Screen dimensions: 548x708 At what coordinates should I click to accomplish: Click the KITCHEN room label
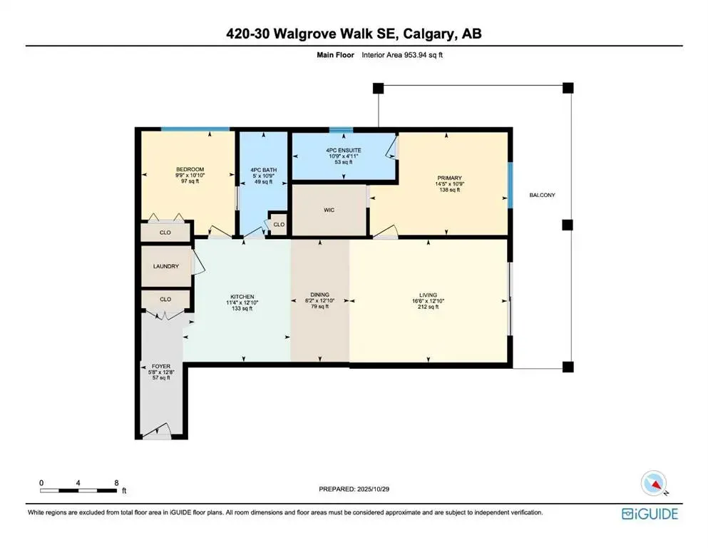(242, 297)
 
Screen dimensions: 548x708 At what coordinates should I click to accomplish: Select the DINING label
(319, 295)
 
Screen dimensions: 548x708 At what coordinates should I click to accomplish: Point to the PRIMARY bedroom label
(450, 178)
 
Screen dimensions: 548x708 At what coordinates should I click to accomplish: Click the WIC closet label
(329, 210)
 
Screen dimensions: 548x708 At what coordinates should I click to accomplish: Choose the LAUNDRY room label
(165, 266)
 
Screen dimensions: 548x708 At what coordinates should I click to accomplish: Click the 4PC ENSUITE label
(345, 151)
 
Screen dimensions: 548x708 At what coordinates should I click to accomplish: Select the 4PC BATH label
(263, 169)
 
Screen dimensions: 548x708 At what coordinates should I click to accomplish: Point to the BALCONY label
(541, 195)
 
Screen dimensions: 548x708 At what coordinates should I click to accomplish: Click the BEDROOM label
(190, 169)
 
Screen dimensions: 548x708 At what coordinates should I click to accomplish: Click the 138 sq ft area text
(450, 191)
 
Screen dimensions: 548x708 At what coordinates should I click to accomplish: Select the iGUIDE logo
(650, 513)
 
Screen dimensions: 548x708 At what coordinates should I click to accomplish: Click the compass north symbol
(654, 483)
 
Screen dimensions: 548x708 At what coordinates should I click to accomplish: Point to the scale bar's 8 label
(116, 482)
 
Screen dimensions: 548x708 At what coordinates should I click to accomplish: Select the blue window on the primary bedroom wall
(510, 185)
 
